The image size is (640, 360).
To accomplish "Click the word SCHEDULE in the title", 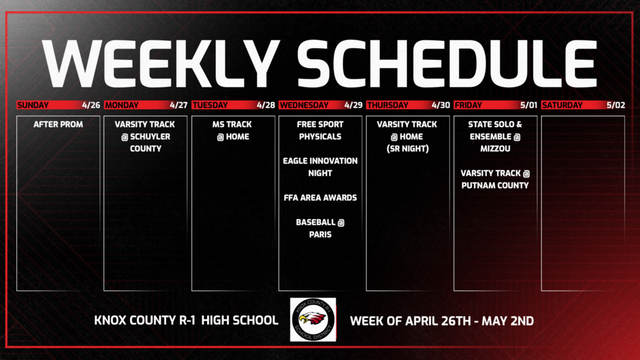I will [x=446, y=64].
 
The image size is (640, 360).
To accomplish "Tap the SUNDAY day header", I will [x=35, y=105].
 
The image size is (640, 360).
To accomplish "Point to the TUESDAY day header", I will [x=210, y=105].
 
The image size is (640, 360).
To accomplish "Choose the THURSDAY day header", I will [x=387, y=105].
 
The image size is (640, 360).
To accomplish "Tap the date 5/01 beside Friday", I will [x=527, y=105].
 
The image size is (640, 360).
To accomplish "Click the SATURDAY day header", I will [x=563, y=105].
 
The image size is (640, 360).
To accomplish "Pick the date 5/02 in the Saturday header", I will [x=615, y=105].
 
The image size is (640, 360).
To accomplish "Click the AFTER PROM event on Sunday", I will [x=58, y=124].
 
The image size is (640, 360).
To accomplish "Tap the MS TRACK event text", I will [x=232, y=124].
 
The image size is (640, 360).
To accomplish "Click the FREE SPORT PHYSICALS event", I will [x=320, y=130].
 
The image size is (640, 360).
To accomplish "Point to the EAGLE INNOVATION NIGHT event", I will [x=320, y=166].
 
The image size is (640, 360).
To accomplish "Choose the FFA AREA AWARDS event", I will [x=320, y=197].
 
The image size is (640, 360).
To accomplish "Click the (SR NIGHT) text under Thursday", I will [x=407, y=149].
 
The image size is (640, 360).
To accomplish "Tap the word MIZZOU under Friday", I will [x=495, y=149].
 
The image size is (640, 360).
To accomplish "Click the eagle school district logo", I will [x=313, y=319].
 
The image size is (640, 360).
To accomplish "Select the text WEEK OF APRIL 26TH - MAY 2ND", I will [x=442, y=321].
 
